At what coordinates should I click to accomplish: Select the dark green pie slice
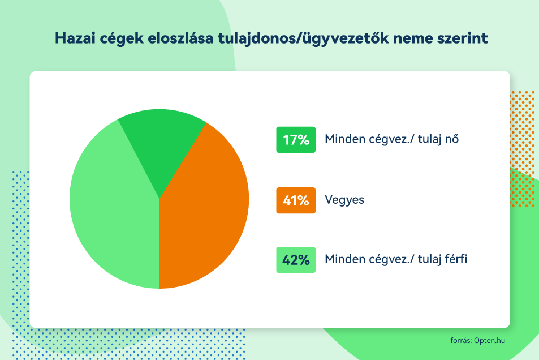tap(161, 144)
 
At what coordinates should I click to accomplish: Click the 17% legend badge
tap(296, 140)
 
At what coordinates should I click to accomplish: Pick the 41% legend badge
tap(296, 200)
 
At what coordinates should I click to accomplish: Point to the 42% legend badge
tap(296, 260)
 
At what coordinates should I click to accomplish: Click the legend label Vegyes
tap(344, 200)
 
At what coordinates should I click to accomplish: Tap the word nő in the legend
tap(451, 139)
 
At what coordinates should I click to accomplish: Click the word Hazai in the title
tap(75, 38)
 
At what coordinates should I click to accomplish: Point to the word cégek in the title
tap(122, 38)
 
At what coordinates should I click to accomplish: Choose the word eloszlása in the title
tap(181, 38)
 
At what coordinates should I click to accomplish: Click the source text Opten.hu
tap(489, 340)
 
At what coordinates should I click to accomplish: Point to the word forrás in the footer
tap(460, 340)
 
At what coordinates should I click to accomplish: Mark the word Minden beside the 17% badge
tap(345, 139)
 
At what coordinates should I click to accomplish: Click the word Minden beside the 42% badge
tap(345, 259)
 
